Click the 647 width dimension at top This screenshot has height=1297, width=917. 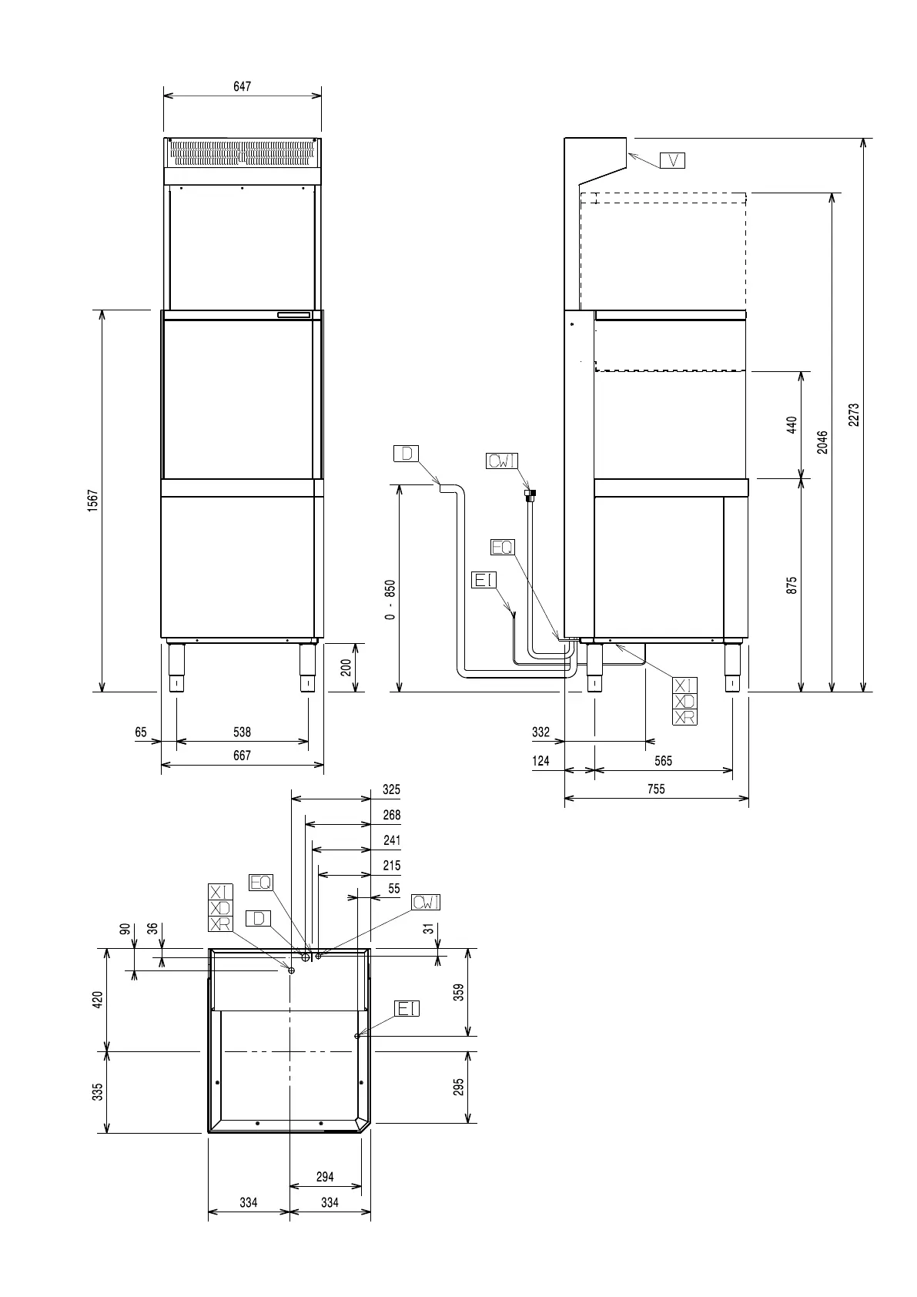click(x=242, y=87)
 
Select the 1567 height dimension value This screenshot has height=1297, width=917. click(x=92, y=501)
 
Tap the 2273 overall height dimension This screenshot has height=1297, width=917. click(x=853, y=415)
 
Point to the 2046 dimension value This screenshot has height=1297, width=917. click(x=822, y=441)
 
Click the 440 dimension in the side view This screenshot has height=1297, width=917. click(x=791, y=425)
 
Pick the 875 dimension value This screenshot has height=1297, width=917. click(x=791, y=585)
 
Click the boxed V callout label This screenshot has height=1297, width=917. click(x=672, y=160)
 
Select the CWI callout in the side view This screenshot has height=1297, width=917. click(x=502, y=461)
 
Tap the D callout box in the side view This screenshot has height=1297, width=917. click(x=406, y=453)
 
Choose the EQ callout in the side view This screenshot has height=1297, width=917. click(x=502, y=547)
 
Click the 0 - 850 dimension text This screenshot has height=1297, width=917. click(x=390, y=600)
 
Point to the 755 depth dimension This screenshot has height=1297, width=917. click(x=656, y=789)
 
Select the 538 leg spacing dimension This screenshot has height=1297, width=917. click(x=242, y=732)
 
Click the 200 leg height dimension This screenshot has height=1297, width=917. click(x=346, y=667)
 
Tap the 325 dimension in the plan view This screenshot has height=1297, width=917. click(x=391, y=789)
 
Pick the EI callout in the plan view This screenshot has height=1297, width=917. click(x=407, y=1008)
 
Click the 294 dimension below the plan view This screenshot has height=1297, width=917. click(x=325, y=1177)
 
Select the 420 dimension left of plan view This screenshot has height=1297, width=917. click(x=99, y=1000)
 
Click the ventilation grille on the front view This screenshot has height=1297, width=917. click(x=242, y=153)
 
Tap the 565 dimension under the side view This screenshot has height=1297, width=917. click(x=663, y=761)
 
